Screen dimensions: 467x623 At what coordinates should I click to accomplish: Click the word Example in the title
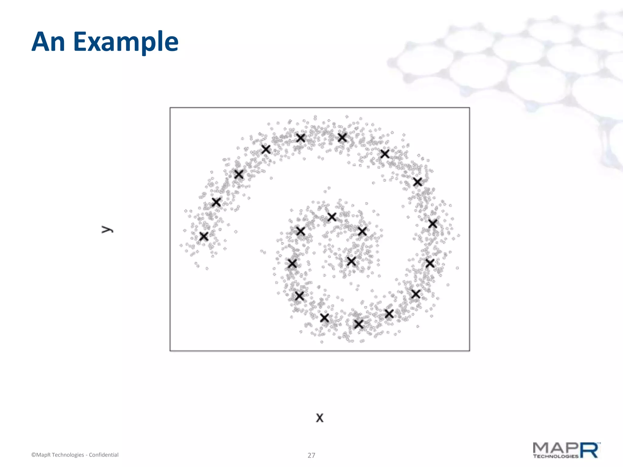pyautogui.click(x=126, y=43)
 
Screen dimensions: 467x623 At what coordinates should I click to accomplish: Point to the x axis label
pyautogui.click(x=319, y=418)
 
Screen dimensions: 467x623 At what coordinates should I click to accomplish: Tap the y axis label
pyautogui.click(x=107, y=230)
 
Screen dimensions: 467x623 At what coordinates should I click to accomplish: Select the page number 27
pyautogui.click(x=311, y=455)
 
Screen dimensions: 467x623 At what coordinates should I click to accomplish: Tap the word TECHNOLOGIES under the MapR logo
pyautogui.click(x=555, y=456)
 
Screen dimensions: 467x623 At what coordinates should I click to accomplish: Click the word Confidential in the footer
pyautogui.click(x=103, y=455)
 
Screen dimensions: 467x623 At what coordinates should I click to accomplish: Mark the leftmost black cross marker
pyautogui.click(x=204, y=236)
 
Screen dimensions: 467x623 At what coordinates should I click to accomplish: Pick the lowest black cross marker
pyautogui.click(x=359, y=324)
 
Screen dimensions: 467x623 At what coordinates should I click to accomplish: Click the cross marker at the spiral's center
pyautogui.click(x=351, y=261)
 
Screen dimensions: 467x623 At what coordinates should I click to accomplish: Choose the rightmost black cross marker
pyautogui.click(x=433, y=224)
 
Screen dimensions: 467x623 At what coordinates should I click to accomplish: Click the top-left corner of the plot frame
pyautogui.click(x=170, y=108)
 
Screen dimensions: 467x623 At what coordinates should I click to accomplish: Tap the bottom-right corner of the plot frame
pyautogui.click(x=469, y=351)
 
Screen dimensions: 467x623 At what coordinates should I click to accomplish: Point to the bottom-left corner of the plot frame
pyautogui.click(x=170, y=351)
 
